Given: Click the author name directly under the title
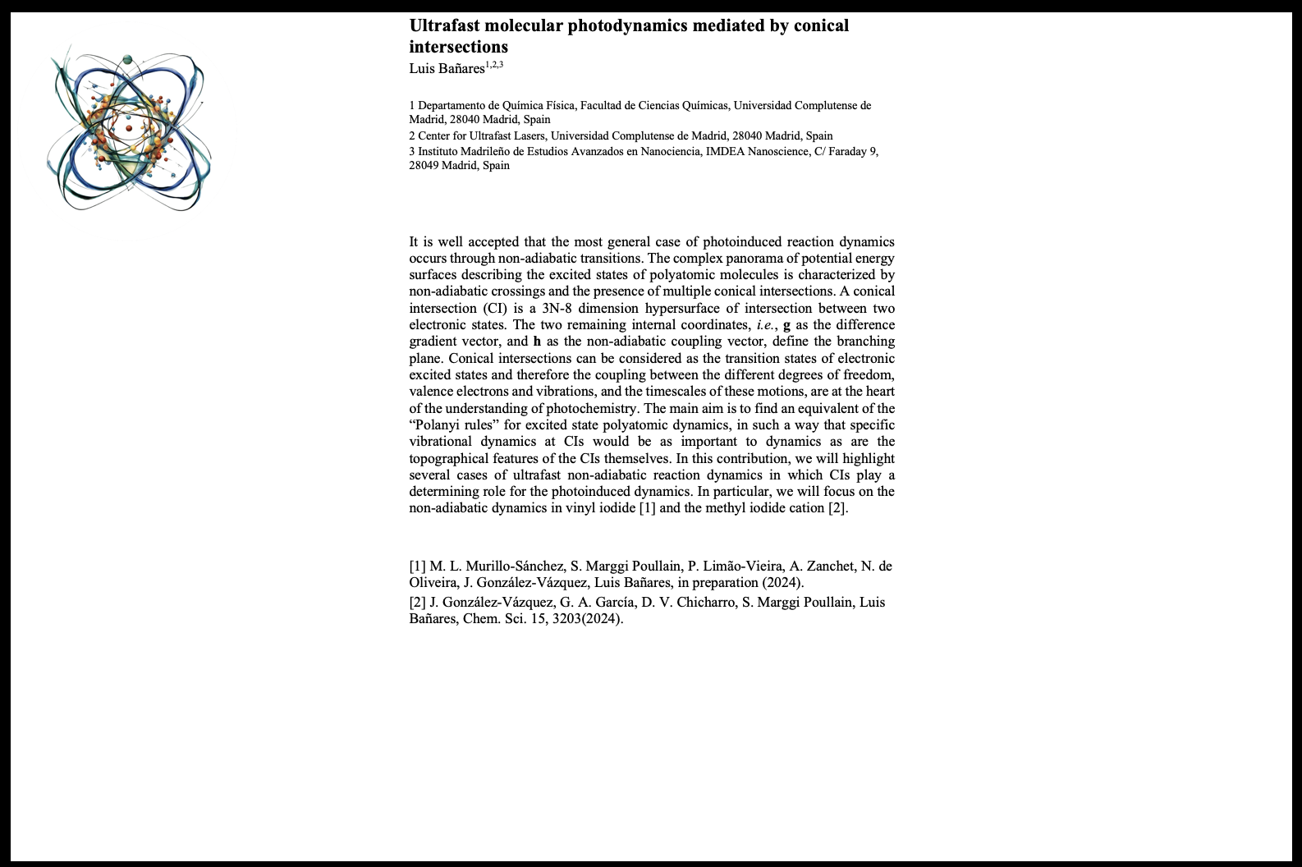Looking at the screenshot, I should click(447, 69).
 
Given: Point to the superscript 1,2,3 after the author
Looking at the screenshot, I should click(494, 64).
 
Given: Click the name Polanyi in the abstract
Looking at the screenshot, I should click(442, 424).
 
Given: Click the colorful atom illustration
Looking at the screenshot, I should click(129, 131).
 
